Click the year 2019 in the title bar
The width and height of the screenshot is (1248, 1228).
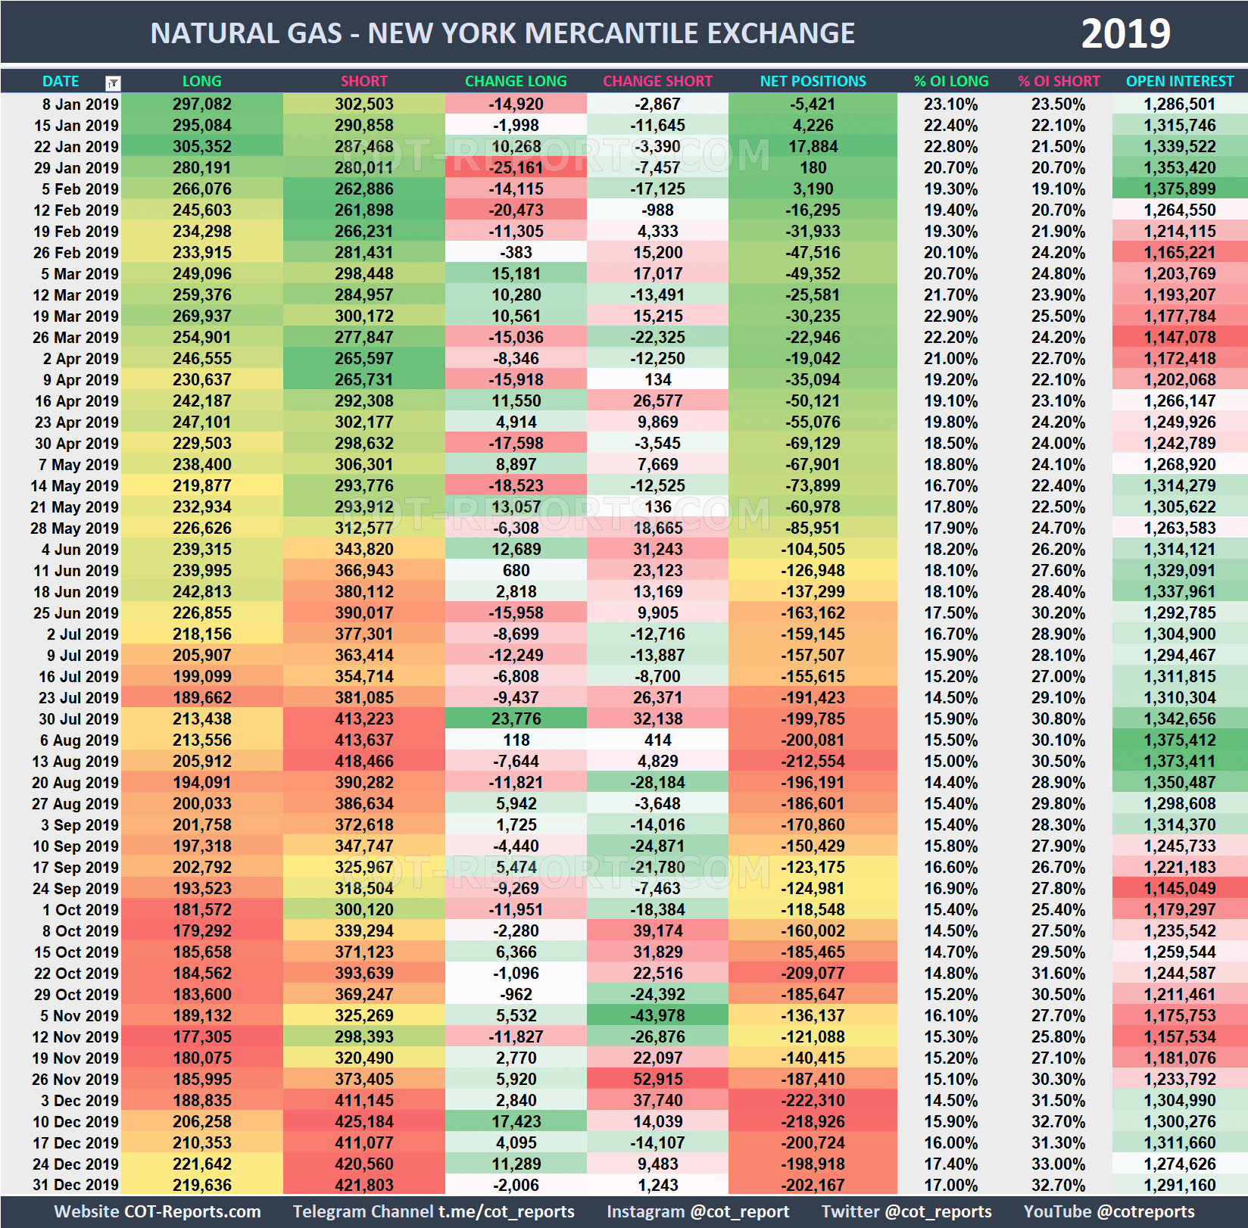(x=1125, y=34)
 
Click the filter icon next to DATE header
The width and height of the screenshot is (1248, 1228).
(x=113, y=83)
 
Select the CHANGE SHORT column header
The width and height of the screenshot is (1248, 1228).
(x=657, y=81)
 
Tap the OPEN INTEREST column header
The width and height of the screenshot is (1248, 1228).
(x=1179, y=81)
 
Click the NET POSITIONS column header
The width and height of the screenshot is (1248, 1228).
(x=813, y=81)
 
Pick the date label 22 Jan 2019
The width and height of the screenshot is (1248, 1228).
(x=76, y=147)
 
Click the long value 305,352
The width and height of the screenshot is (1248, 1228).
(x=201, y=147)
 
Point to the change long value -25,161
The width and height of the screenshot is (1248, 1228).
(x=516, y=168)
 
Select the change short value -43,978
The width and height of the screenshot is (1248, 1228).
(x=657, y=1016)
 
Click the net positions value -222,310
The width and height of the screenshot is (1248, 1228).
(x=813, y=1101)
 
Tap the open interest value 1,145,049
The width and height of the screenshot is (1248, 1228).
(x=1179, y=889)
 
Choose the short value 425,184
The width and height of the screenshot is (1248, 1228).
(x=363, y=1122)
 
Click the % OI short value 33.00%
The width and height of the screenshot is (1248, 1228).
(x=1058, y=1164)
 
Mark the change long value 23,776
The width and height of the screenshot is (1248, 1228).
(x=516, y=719)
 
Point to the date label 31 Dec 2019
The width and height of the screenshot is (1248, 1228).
(x=76, y=1186)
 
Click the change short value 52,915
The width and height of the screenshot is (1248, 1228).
(x=657, y=1080)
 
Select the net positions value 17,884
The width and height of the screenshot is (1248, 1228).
(x=813, y=147)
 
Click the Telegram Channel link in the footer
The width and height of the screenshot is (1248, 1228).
(x=433, y=1212)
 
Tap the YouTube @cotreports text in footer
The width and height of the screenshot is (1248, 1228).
(x=1109, y=1212)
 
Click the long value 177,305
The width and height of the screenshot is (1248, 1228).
(x=201, y=1037)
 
